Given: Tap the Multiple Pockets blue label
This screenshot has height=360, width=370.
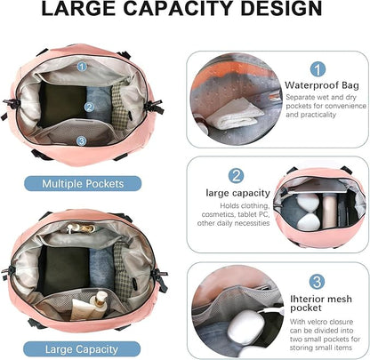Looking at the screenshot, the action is [83, 184].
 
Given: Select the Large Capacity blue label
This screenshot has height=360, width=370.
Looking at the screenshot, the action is [82, 349].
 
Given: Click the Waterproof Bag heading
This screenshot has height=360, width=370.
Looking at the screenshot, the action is [322, 85].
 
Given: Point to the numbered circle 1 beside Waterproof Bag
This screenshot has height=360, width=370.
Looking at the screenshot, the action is [318, 69].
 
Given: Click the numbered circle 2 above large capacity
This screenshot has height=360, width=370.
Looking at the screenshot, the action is [237, 176].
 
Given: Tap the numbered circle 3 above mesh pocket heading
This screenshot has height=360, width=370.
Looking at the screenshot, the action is [317, 282].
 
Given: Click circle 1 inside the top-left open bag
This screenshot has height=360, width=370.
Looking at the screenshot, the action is [82, 66].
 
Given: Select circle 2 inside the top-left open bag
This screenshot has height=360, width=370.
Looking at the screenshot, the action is [89, 108].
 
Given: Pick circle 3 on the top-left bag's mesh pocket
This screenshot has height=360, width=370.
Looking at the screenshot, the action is [82, 140].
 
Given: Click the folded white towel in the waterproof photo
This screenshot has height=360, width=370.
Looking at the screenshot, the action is [234, 114].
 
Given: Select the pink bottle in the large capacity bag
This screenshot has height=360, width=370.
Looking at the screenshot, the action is [329, 211].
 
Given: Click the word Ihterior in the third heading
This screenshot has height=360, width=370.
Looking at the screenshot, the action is [305, 299].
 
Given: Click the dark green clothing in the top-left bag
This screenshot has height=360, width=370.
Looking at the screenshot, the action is [62, 104].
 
